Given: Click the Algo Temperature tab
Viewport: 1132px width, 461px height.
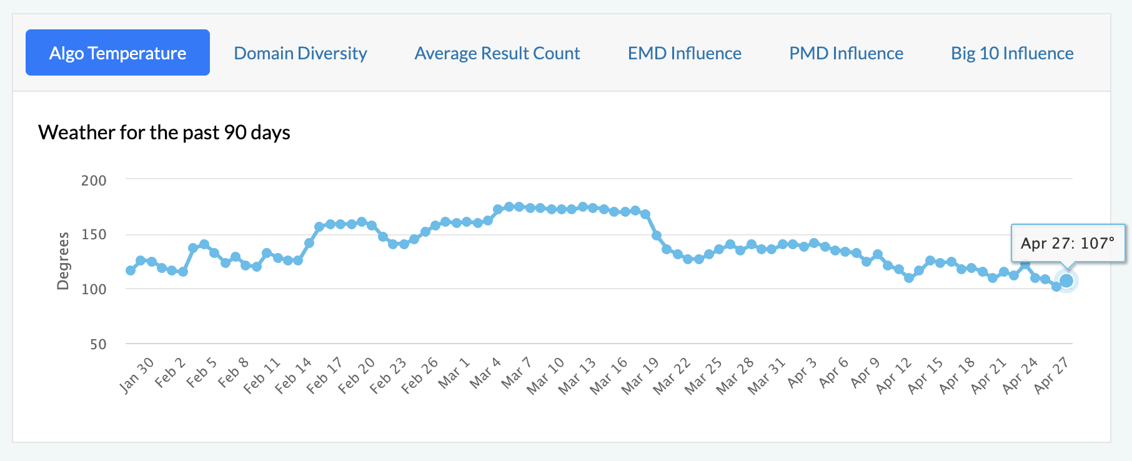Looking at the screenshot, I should click(117, 53).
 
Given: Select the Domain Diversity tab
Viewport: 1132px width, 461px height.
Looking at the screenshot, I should click(300, 53).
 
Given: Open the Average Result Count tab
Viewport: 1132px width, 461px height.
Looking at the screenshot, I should click(497, 53).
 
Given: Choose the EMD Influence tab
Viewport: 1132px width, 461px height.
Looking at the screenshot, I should click(685, 53).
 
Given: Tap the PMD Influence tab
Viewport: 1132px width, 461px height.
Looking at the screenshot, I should click(847, 53).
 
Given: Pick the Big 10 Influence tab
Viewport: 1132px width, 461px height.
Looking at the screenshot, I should click(1012, 53).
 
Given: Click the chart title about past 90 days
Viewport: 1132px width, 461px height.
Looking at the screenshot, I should click(164, 132).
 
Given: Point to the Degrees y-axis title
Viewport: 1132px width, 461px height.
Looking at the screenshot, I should click(63, 261).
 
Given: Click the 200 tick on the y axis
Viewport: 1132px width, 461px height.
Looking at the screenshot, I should click(94, 181).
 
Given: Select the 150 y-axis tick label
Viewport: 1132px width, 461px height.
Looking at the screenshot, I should click(94, 235).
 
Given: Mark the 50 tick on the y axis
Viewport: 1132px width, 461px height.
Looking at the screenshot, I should click(98, 344).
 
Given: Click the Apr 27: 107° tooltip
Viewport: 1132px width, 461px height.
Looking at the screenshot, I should click(1068, 243).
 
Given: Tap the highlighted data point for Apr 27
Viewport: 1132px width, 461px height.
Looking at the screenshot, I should click(1066, 281).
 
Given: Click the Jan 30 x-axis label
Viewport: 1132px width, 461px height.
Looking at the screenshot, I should click(137, 375).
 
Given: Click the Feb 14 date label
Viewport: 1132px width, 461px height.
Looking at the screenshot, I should click(294, 375).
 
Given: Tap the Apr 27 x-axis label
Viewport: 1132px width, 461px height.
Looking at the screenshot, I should click(1052, 375).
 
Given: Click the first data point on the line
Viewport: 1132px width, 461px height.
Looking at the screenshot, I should click(131, 270).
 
